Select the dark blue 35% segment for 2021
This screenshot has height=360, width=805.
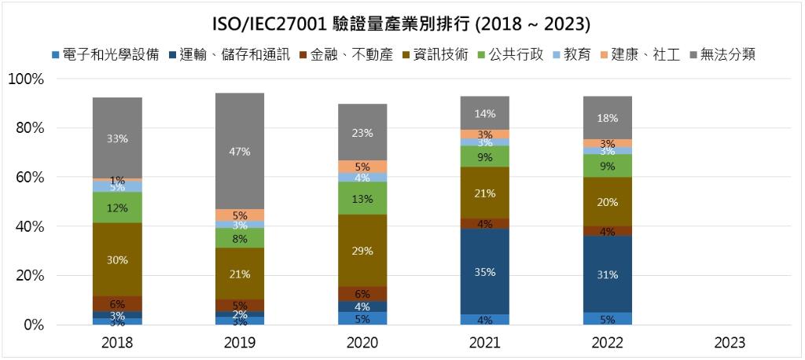coord(486,271)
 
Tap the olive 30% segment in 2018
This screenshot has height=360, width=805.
coord(117,259)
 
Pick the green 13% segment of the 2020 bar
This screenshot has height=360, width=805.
coord(362,198)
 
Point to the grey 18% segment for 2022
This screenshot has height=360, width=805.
coord(608,118)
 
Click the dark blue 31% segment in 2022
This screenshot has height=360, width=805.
coord(608,274)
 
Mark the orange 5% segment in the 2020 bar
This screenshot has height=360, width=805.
coord(362,167)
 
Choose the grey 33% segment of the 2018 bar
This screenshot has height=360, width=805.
coord(117,138)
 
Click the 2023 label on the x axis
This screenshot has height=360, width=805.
coord(730,343)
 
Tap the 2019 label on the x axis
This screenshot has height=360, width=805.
coord(240,343)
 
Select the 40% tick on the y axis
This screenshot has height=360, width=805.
coord(29,226)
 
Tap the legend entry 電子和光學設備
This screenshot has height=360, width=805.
coord(111,55)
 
